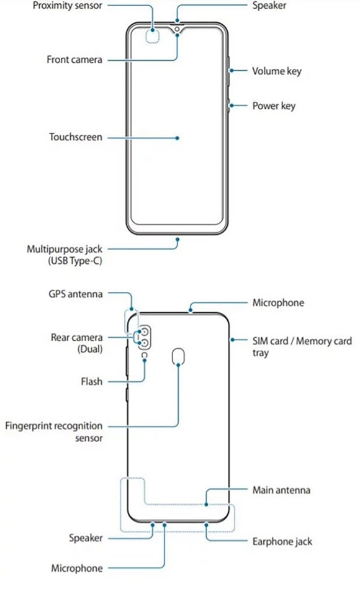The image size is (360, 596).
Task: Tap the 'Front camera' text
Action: [x=74, y=60]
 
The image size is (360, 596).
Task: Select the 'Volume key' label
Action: [x=276, y=71]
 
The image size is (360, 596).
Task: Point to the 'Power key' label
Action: [x=274, y=106]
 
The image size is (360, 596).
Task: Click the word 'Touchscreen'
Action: [x=76, y=137]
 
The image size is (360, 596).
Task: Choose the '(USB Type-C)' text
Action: [x=74, y=261]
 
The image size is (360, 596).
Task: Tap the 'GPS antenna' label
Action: [x=75, y=294]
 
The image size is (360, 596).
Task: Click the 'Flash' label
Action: [x=91, y=379]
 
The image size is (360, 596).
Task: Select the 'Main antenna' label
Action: [x=281, y=490]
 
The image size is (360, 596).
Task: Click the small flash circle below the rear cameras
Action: [x=145, y=356]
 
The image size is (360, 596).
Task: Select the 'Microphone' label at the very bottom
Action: [x=77, y=568]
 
